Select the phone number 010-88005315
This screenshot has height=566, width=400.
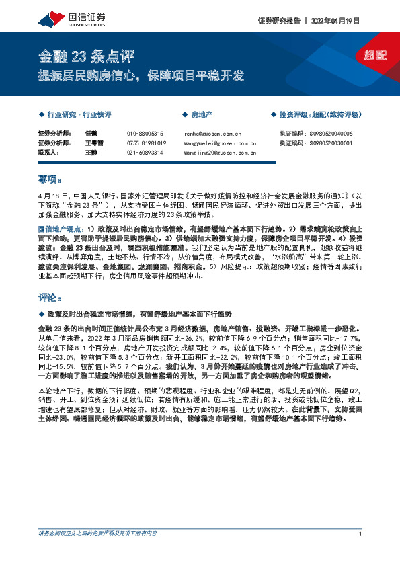point(145,134)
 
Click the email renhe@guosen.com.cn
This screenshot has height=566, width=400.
point(210,134)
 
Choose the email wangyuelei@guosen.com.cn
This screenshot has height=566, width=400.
point(219,143)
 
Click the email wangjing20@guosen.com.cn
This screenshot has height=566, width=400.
point(219,153)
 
